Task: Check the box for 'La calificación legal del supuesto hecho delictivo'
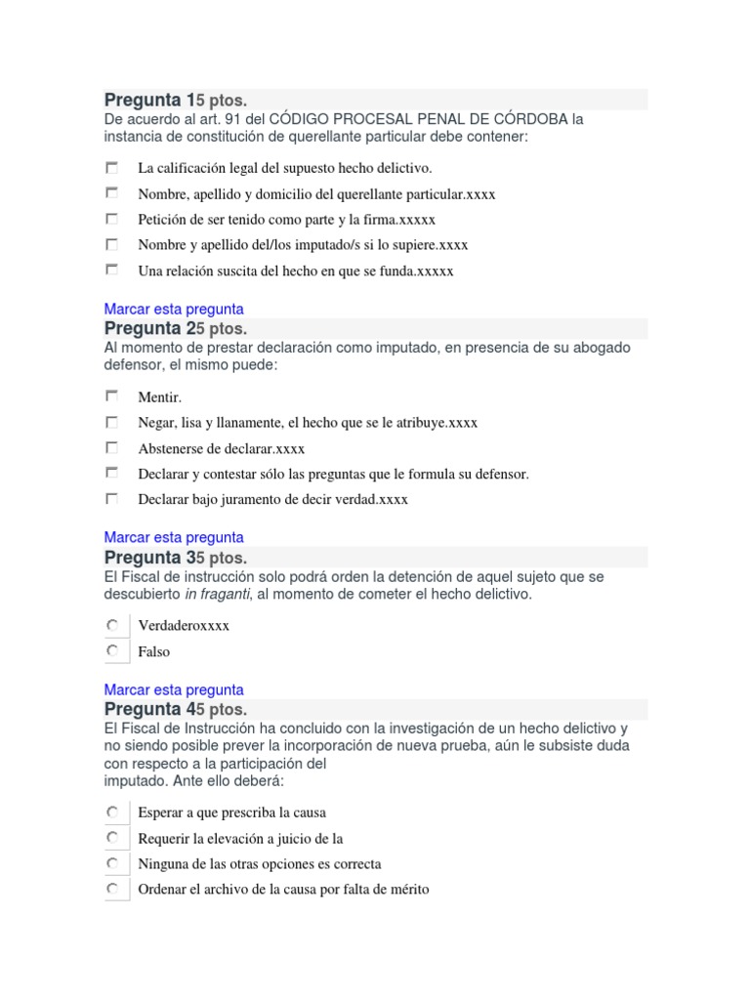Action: click(112, 168)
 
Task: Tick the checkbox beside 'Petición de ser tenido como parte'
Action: click(112, 219)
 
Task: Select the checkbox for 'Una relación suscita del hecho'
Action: click(112, 270)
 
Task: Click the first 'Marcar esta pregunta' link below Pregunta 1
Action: click(174, 309)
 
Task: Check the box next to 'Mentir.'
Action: click(112, 396)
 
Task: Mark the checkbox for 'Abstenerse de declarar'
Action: click(112, 447)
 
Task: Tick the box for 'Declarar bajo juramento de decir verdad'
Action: click(112, 498)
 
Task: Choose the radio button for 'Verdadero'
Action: click(113, 625)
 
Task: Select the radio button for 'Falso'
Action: click(113, 650)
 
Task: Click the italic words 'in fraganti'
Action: click(217, 594)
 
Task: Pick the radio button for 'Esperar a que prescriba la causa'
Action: click(113, 812)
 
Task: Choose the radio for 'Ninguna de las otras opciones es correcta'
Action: click(113, 863)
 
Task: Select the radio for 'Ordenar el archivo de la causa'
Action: click(113, 889)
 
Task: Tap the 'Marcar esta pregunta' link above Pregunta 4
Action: click(174, 689)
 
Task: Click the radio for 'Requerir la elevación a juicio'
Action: click(113, 838)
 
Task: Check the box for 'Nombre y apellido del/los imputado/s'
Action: click(112, 244)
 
